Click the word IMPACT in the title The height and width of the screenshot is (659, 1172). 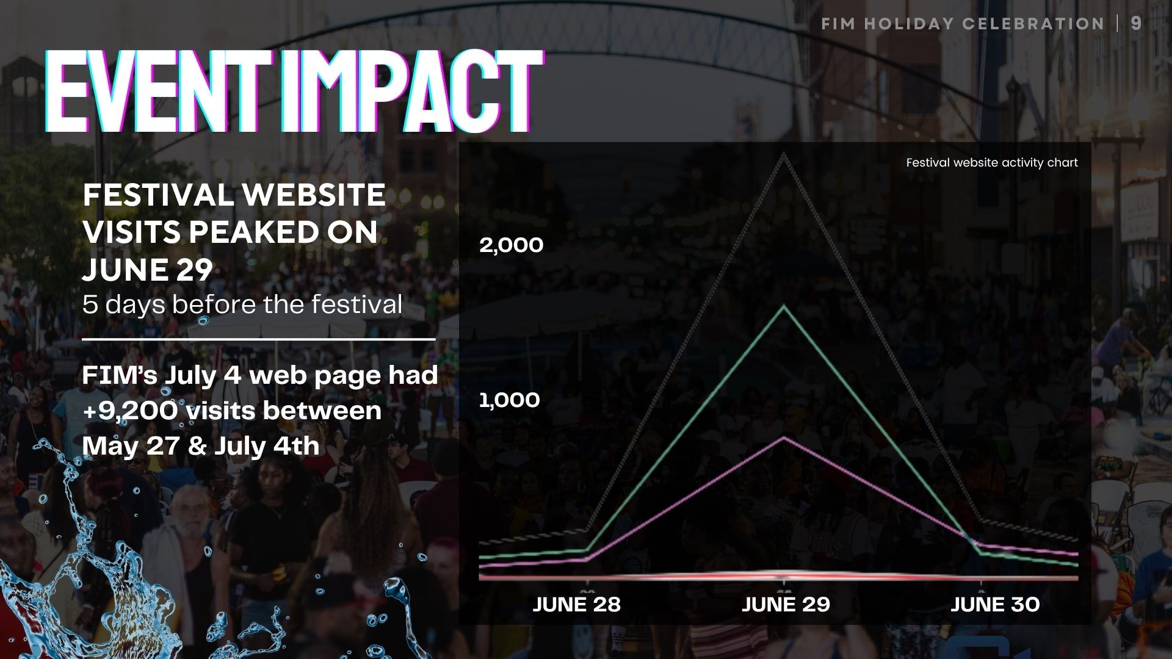click(x=412, y=92)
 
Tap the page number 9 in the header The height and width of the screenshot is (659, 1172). click(x=1136, y=23)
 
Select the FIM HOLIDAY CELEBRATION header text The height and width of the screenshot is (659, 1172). click(x=963, y=24)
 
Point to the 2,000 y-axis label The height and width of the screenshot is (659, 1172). click(x=511, y=245)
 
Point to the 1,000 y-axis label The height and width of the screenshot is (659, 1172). click(x=510, y=400)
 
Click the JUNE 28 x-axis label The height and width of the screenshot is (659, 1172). click(x=577, y=605)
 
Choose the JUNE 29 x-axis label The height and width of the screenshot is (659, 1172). click(x=786, y=605)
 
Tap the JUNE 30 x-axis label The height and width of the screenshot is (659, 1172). click(x=995, y=605)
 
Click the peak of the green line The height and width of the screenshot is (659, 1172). click(x=784, y=306)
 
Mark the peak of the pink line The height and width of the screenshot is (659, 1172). click(x=784, y=438)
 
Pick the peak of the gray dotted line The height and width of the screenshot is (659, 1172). click(x=784, y=155)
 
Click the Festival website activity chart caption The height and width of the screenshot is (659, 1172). click(x=992, y=163)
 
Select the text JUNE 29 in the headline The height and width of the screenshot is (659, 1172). click(x=148, y=270)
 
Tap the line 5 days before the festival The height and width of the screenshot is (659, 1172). click(x=242, y=304)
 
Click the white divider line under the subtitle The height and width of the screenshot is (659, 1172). click(x=259, y=339)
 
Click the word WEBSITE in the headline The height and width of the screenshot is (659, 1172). click(x=313, y=195)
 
